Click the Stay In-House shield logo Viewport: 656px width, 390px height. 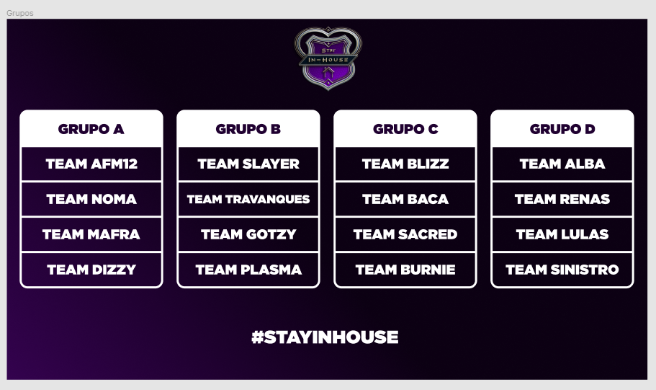click(x=328, y=58)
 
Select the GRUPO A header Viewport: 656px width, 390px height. click(x=91, y=129)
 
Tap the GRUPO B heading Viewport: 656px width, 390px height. click(x=248, y=129)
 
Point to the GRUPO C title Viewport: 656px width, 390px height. click(x=405, y=129)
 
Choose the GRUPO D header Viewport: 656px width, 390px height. click(x=562, y=129)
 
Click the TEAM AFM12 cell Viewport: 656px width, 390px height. click(x=91, y=164)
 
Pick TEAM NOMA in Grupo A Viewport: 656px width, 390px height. click(x=91, y=199)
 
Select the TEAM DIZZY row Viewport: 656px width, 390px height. click(x=91, y=270)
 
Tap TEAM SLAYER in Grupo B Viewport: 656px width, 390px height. click(x=248, y=164)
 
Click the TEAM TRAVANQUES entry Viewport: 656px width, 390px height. click(x=248, y=199)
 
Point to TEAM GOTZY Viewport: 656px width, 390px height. click(x=248, y=234)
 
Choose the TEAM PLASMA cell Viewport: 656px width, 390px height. click(x=248, y=270)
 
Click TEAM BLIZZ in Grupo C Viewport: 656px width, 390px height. click(x=405, y=164)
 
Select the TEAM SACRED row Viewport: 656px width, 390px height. click(x=405, y=234)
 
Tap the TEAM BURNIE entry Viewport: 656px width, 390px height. click(x=405, y=270)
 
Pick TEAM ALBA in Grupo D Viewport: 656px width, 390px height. click(x=562, y=164)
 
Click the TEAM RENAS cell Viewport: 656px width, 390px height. click(x=562, y=199)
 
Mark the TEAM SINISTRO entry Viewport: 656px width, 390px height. click(x=562, y=270)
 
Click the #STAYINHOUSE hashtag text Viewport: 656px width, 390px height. click(x=325, y=337)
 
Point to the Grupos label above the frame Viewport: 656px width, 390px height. click(x=19, y=13)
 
